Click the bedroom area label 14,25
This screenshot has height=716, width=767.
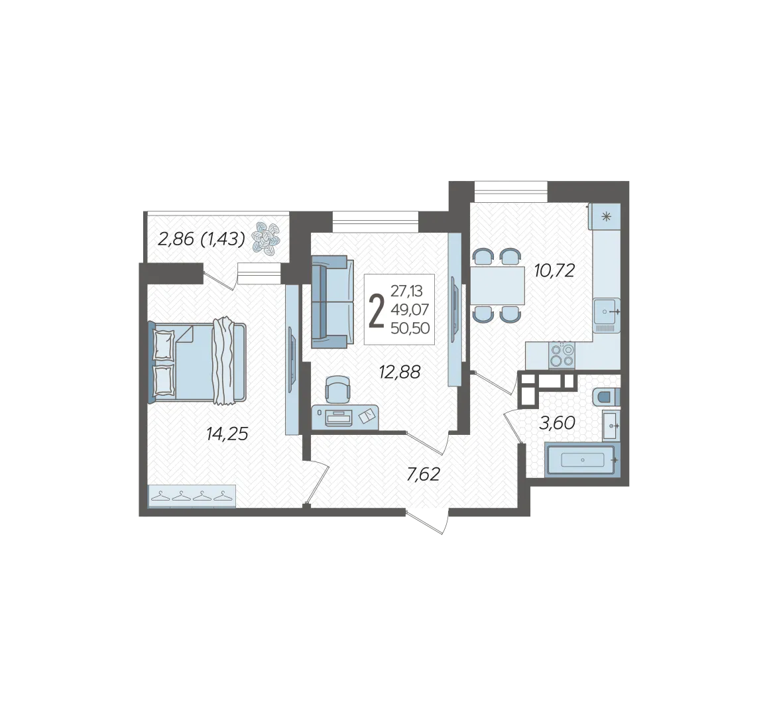[227, 434]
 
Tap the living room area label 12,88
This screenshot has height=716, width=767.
[400, 372]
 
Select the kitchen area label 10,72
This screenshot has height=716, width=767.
[554, 270]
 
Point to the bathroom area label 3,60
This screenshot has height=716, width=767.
[557, 423]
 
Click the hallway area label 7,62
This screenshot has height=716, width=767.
[424, 474]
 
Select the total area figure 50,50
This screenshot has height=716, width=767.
[410, 328]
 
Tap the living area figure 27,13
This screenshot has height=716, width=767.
[406, 291]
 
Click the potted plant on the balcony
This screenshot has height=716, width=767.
[266, 238]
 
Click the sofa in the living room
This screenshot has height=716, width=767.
[332, 302]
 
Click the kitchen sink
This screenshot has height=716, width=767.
[607, 313]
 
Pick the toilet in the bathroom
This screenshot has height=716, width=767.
[607, 398]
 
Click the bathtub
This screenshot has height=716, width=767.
[582, 459]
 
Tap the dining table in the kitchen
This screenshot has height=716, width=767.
[497, 286]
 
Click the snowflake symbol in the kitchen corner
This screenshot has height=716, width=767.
[607, 217]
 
